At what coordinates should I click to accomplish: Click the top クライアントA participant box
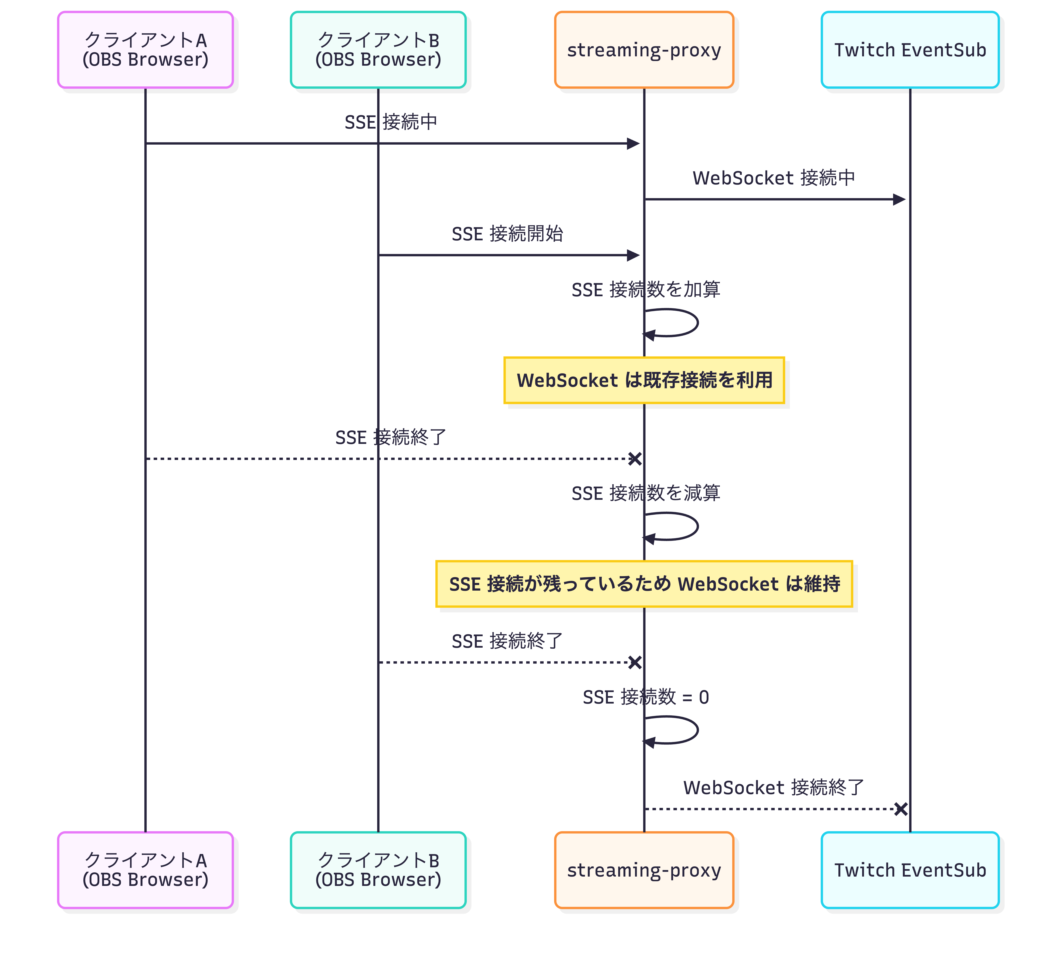tap(145, 50)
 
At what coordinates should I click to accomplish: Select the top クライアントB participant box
tap(378, 50)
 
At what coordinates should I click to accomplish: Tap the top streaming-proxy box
tap(644, 50)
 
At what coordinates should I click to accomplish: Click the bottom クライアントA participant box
tap(145, 870)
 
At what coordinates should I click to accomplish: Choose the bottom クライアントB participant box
tap(378, 870)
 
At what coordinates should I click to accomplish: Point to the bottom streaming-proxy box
tap(644, 870)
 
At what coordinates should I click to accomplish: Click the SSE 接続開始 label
tap(507, 234)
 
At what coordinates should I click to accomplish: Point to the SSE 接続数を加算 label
tap(645, 289)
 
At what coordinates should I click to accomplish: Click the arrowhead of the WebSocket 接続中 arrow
tap(899, 199)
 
